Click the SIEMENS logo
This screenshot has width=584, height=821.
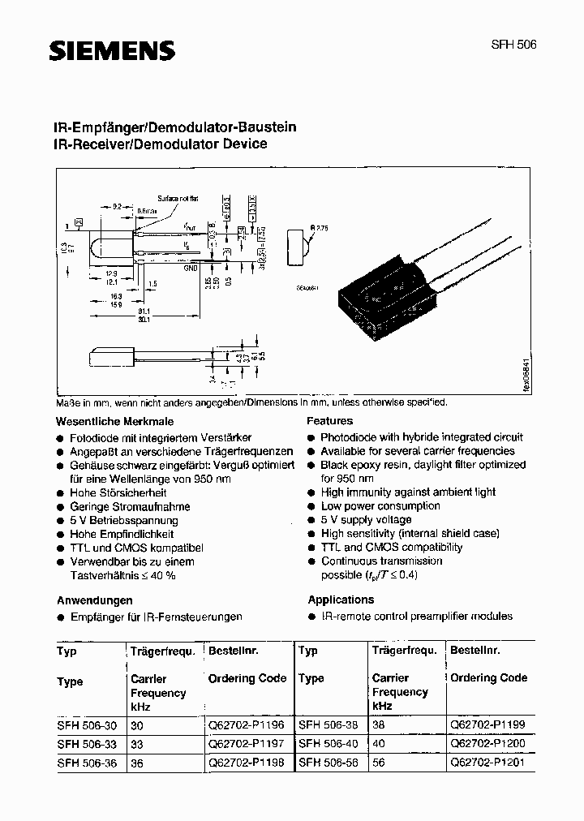point(113,52)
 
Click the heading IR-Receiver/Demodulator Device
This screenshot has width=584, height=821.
point(160,144)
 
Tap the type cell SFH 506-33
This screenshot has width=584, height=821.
point(85,745)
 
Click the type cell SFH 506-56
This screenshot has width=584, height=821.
point(328,763)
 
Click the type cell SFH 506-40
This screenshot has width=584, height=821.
point(328,744)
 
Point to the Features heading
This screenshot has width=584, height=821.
point(329,421)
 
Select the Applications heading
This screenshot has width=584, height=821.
point(341,600)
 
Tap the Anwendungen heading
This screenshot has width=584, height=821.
point(94,600)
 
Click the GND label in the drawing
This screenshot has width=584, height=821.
point(191,267)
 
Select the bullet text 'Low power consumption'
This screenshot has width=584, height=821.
point(380,505)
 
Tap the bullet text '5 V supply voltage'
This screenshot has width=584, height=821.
point(366,519)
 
